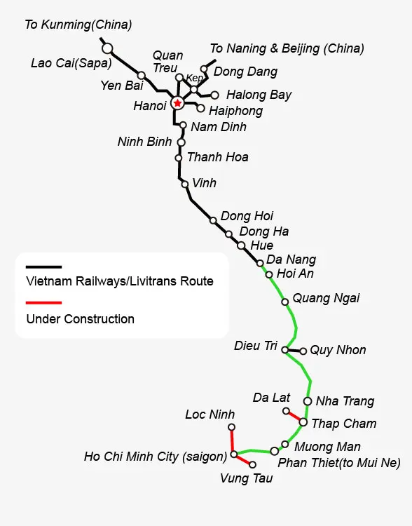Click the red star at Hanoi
[x=177, y=103]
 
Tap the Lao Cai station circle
[x=107, y=48]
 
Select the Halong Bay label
[x=259, y=95]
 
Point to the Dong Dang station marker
[x=204, y=69]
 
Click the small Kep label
[x=194, y=78]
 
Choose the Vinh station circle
[x=185, y=184]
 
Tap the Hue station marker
[x=241, y=245]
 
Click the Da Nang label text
[x=291, y=259]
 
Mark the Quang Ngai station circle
[x=285, y=302]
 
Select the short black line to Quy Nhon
[x=294, y=351]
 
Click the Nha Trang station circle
[x=308, y=401]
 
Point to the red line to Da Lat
[x=294, y=417]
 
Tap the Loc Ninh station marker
[x=231, y=427]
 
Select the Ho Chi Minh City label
[x=156, y=457]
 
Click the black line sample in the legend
[x=44, y=267]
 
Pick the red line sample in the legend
[x=44, y=302]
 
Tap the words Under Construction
[x=80, y=319]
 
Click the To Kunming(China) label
[x=78, y=25]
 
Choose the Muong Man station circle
[x=285, y=445]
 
